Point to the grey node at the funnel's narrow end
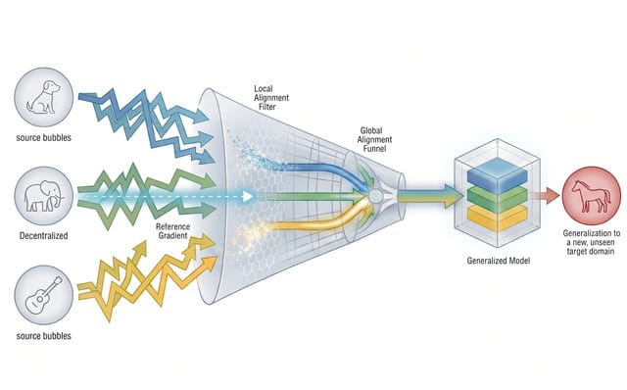point(374,196)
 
